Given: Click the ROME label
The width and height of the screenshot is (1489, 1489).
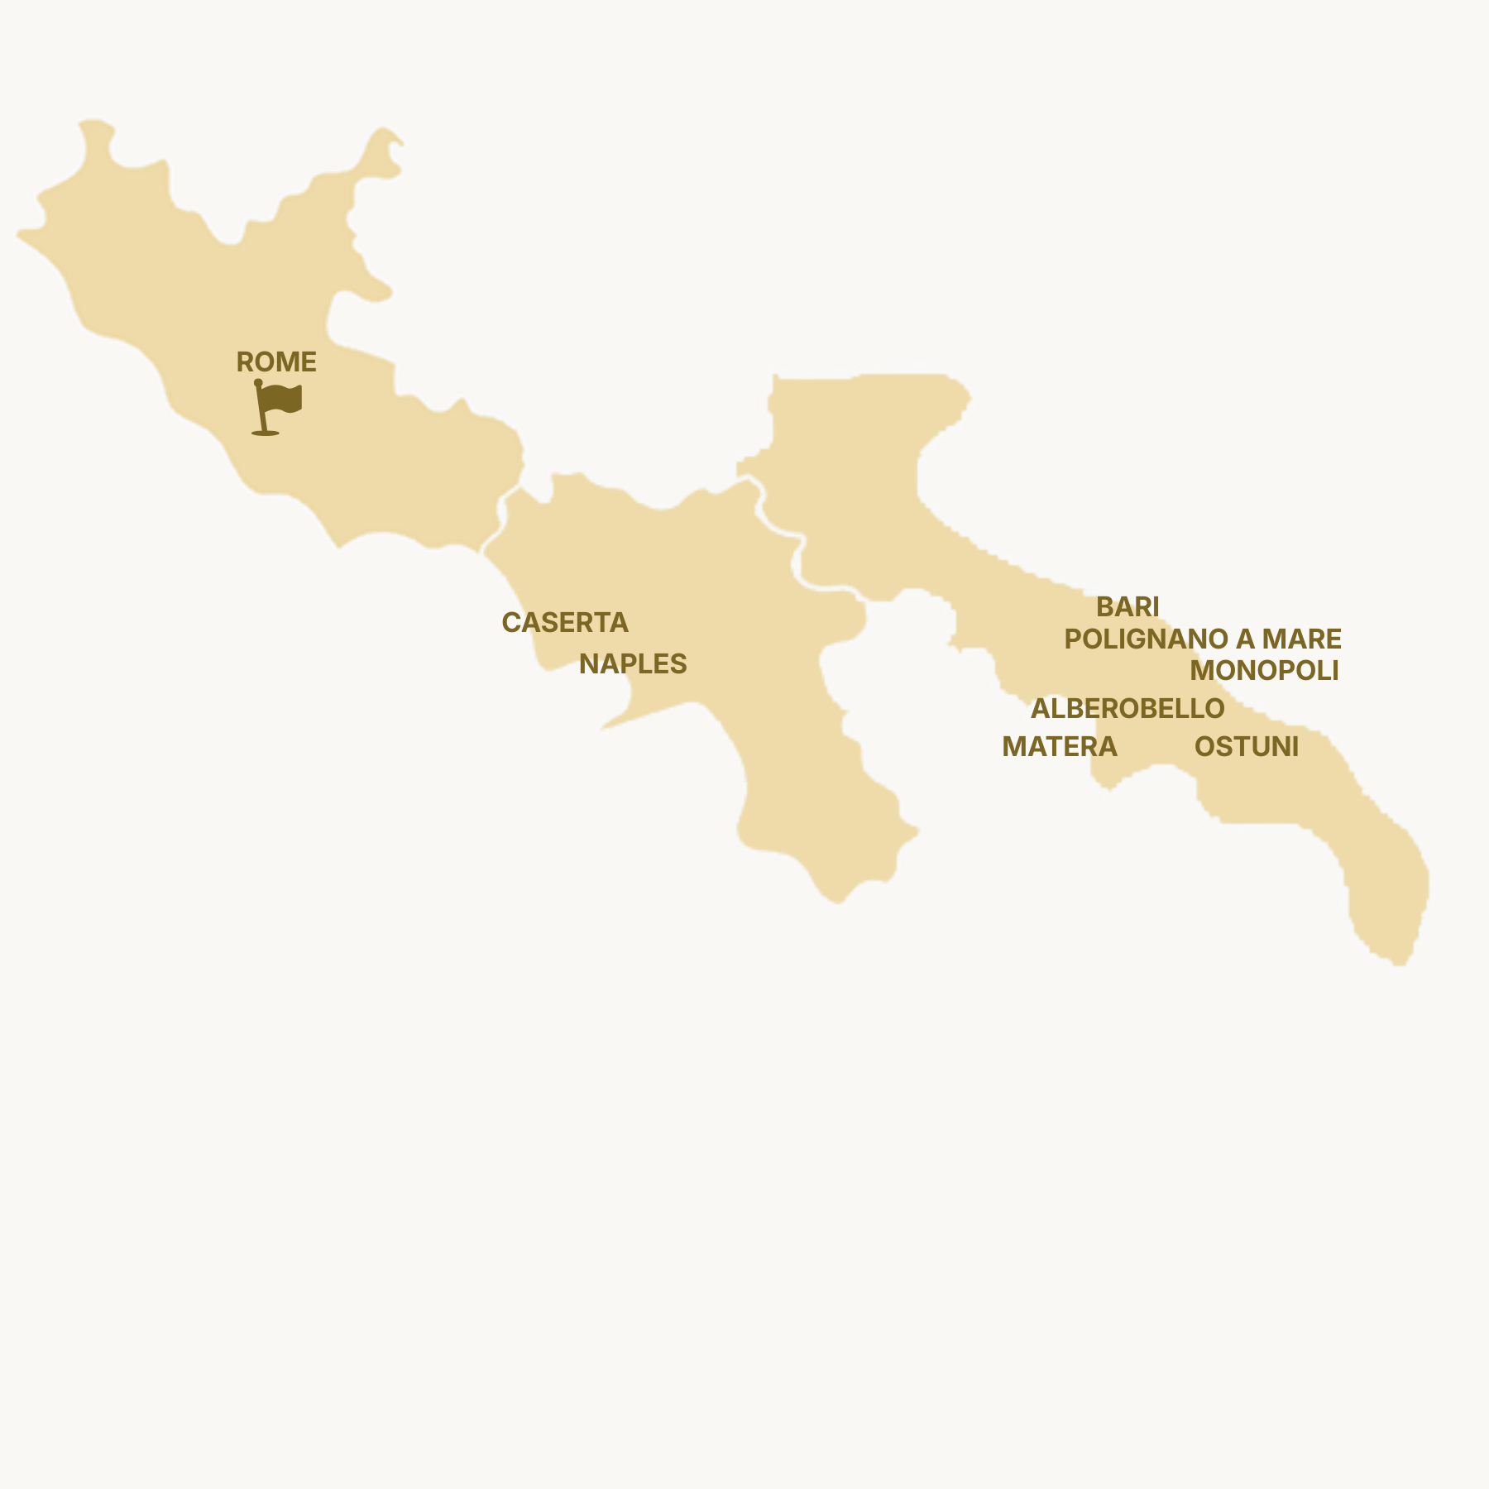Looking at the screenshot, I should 276,362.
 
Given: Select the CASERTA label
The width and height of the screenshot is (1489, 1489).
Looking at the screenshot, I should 565,623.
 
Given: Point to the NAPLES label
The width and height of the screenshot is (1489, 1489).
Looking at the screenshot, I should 633,664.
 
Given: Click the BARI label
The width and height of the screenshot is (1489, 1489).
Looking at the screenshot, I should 1128,607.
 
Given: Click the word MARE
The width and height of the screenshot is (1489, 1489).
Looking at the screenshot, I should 1301,639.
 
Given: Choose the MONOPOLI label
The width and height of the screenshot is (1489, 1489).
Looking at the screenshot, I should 1264,671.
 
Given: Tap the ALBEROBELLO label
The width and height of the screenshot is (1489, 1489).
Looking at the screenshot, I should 1128,709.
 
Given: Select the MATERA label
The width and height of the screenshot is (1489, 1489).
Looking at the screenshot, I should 1059,747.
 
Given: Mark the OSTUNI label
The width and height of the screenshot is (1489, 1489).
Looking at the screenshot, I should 1246,747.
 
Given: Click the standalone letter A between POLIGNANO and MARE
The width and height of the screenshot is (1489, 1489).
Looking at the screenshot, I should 1245,639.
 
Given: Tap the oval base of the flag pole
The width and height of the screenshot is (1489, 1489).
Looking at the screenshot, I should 265,432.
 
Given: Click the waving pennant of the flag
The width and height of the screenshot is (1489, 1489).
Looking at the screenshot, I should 283,399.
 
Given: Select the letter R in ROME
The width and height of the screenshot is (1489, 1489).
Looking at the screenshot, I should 245,362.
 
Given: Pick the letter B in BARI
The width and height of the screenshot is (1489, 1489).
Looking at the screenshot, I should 1104,607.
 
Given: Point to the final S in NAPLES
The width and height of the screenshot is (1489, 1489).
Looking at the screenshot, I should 679,664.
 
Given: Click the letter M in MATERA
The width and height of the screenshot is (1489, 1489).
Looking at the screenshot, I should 1013,747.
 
